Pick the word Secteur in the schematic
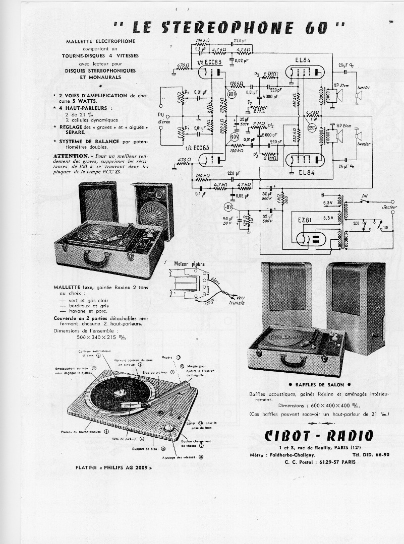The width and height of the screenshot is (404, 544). pos(389,207)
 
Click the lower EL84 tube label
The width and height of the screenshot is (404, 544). pos(306,172)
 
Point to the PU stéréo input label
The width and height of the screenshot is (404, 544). pos(163,118)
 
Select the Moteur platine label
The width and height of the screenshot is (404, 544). pos(188,264)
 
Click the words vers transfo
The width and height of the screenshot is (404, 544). pos(236,300)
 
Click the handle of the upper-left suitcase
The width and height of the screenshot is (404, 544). pos(97,259)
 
